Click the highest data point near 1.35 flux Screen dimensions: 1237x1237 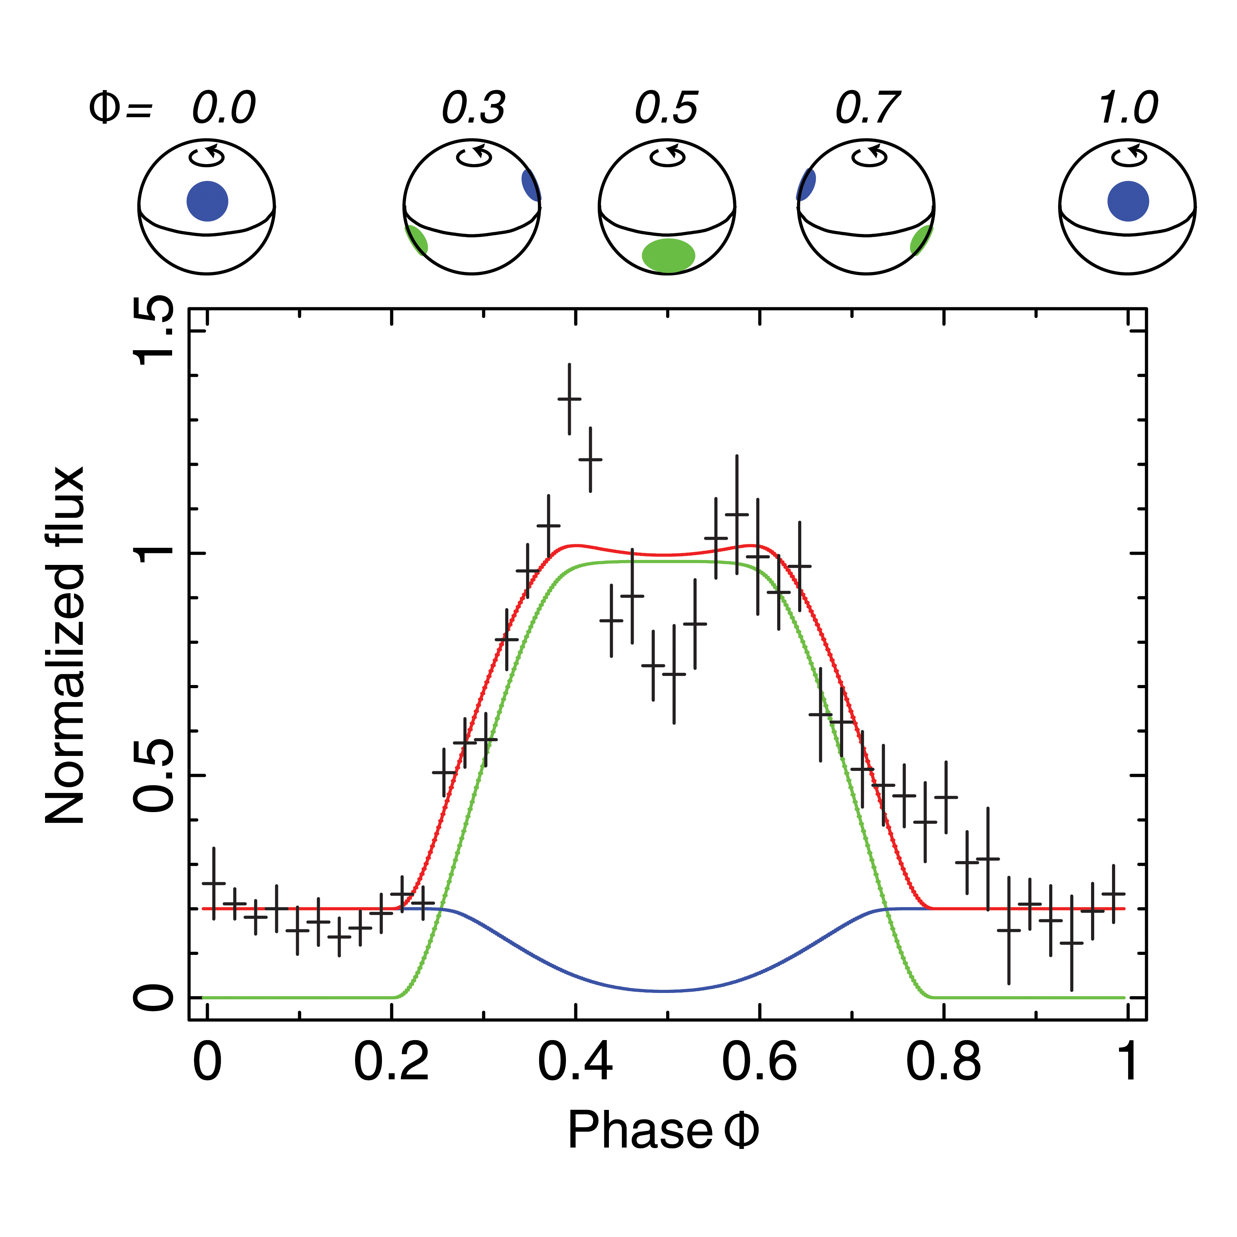pos(569,399)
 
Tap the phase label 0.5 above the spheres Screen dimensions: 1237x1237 pos(667,108)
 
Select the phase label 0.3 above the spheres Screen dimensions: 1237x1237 pos(474,108)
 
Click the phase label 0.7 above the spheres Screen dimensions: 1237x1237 pos(868,108)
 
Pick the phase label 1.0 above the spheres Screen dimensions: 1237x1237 pos(1128,108)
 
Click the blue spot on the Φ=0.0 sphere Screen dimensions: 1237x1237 pos(207,201)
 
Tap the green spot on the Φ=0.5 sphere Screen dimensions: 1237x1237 pos(669,256)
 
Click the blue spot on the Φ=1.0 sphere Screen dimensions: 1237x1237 pos(1128,201)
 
